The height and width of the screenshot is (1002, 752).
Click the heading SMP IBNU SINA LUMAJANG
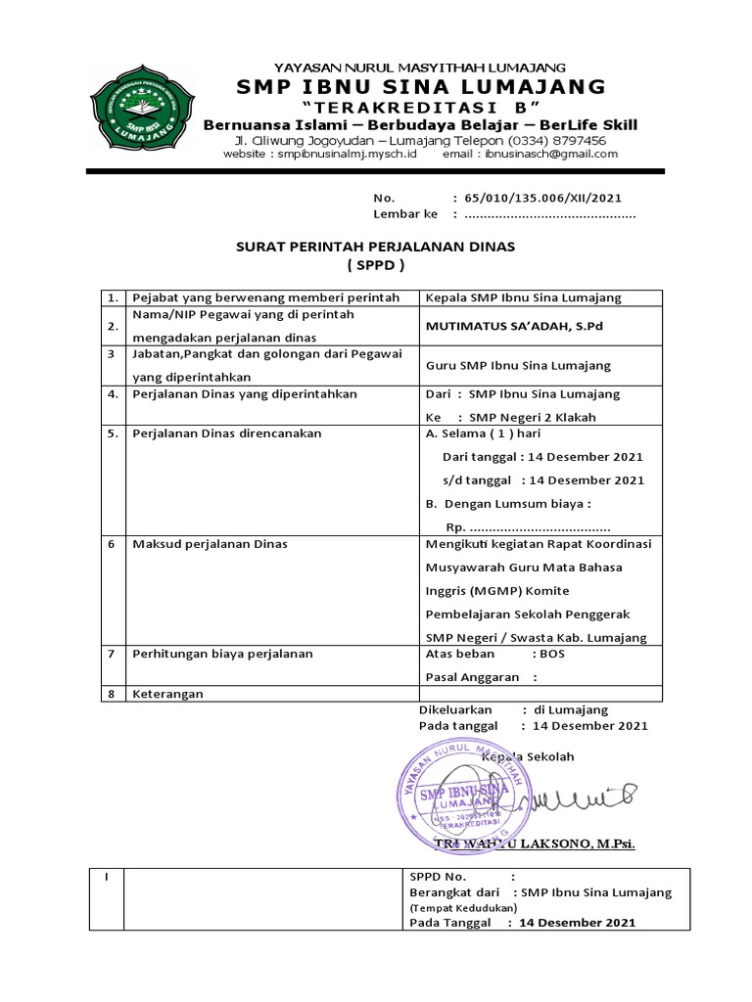420,88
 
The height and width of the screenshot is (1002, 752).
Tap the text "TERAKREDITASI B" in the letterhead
420,107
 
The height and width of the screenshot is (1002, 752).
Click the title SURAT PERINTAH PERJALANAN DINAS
375,247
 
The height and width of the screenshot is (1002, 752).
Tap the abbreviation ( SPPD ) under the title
375,265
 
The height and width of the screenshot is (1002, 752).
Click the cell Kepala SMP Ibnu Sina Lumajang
523,297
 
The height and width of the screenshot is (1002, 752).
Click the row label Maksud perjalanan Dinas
210,543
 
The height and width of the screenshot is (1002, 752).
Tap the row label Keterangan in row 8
167,694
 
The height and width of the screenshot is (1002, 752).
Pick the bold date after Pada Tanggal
577,922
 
